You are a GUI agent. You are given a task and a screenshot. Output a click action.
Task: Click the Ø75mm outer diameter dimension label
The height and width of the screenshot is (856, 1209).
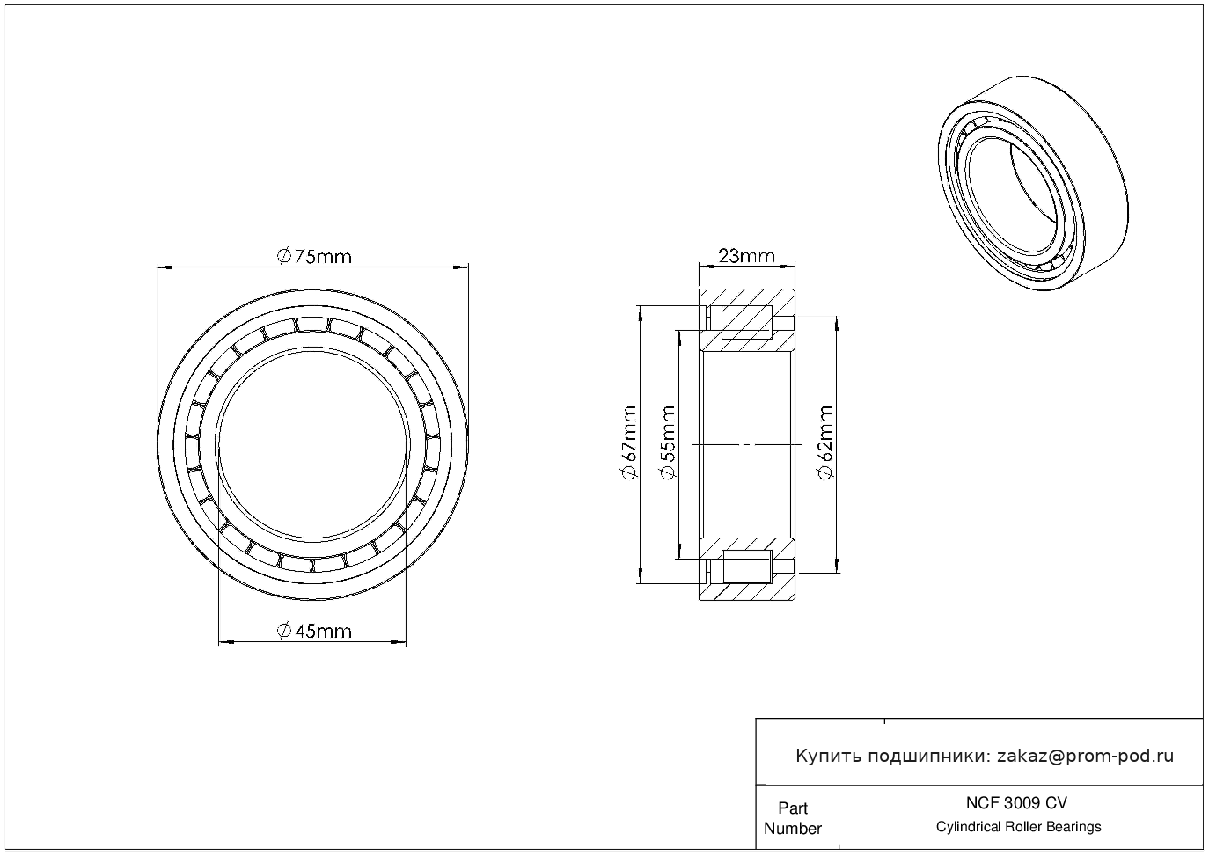tap(313, 256)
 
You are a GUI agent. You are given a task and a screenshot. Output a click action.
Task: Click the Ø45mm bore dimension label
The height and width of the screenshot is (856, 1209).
tap(313, 631)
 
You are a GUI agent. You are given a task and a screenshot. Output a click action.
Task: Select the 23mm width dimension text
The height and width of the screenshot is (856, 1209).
tap(746, 255)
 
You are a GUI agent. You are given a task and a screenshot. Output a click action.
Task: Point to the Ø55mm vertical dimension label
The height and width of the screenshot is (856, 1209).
tap(667, 442)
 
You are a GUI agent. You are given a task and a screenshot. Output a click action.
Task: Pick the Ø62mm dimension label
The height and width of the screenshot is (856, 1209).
tap(825, 442)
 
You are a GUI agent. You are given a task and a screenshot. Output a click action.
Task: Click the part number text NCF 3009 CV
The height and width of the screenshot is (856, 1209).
tap(1016, 803)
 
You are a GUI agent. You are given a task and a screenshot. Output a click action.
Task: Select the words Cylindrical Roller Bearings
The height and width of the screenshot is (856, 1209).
tap(1018, 827)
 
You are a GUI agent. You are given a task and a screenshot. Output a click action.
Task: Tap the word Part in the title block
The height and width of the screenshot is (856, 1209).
tap(792, 808)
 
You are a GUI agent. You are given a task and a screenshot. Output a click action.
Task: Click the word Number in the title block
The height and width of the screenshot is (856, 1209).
tap(792, 828)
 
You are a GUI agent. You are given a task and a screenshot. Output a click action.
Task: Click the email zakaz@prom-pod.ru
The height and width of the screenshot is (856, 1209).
tap(1085, 757)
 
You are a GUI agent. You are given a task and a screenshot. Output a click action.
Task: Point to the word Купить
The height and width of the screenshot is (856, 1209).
tap(829, 757)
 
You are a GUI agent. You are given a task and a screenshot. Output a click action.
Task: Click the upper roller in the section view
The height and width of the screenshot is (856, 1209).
tap(746, 322)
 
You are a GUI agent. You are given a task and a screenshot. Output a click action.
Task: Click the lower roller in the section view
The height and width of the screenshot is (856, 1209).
tap(746, 567)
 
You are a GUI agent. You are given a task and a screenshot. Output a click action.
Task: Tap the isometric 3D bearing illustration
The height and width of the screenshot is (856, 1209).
tap(1033, 183)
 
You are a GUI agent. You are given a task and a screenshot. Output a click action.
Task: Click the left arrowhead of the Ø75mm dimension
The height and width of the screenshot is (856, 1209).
tap(164, 267)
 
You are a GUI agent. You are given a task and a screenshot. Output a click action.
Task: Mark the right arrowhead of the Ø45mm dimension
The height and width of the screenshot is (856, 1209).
tap(399, 642)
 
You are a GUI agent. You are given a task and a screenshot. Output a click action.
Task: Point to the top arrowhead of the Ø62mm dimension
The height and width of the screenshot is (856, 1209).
tap(837, 323)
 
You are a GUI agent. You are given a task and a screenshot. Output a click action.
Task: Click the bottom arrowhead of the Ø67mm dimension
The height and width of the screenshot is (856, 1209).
tap(641, 576)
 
